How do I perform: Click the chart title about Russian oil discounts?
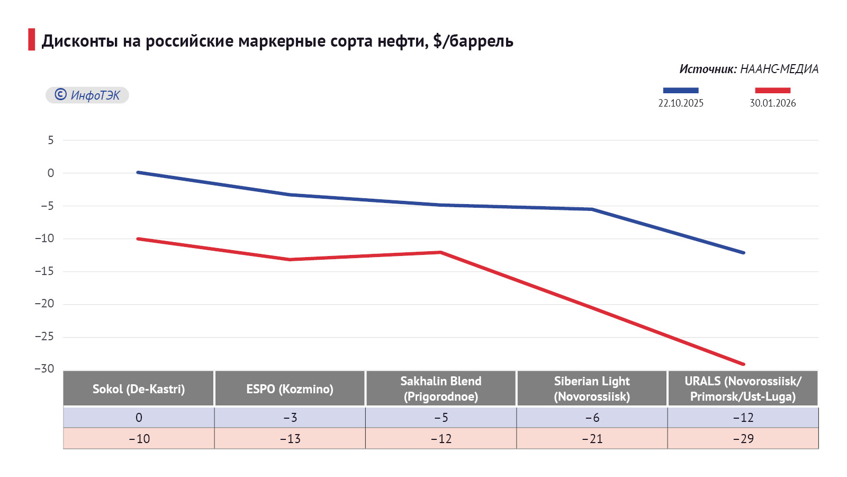[277, 41]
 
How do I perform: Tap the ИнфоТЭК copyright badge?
[87, 95]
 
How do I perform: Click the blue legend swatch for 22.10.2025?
[681, 91]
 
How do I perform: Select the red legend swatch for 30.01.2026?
[772, 91]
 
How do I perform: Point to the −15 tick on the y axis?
[44, 271]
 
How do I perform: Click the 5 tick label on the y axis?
[51, 140]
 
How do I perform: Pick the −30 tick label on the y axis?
[44, 369]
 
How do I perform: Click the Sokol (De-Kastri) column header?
[139, 389]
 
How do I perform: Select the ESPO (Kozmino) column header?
[290, 389]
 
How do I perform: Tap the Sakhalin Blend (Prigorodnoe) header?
[441, 389]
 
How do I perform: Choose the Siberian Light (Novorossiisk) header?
[592, 389]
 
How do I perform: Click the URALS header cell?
[743, 389]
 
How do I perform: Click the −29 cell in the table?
[743, 439]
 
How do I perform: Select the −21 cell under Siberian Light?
[592, 439]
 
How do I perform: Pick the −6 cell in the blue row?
[592, 418]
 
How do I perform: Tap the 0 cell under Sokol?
[139, 418]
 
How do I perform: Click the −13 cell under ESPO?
[290, 439]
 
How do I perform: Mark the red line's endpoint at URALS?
[743, 364]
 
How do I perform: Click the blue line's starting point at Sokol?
[138, 172]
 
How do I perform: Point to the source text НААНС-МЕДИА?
[779, 69]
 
